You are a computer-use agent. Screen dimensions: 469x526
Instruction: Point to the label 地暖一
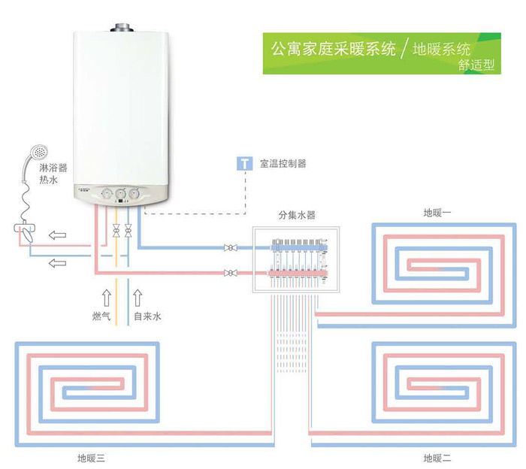click(437, 213)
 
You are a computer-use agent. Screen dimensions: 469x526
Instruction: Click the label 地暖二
click(437, 458)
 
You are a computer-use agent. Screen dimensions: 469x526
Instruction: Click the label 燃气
click(101, 316)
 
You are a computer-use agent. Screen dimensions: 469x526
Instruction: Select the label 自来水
click(147, 316)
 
